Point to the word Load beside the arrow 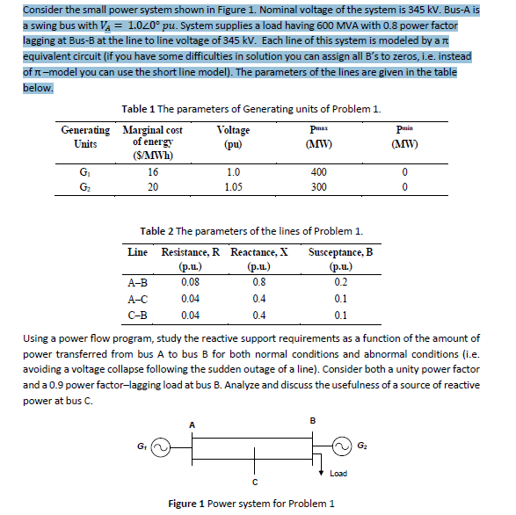point(339,474)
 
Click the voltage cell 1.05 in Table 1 point(233,186)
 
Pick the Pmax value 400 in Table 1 point(319,174)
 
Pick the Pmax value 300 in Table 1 point(319,186)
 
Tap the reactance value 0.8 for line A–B point(258,283)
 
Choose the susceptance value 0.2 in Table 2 point(341,283)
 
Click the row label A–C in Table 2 point(138,299)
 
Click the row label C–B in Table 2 point(138,314)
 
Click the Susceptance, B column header point(340,258)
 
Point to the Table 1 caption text point(251,109)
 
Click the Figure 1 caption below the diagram point(251,503)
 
